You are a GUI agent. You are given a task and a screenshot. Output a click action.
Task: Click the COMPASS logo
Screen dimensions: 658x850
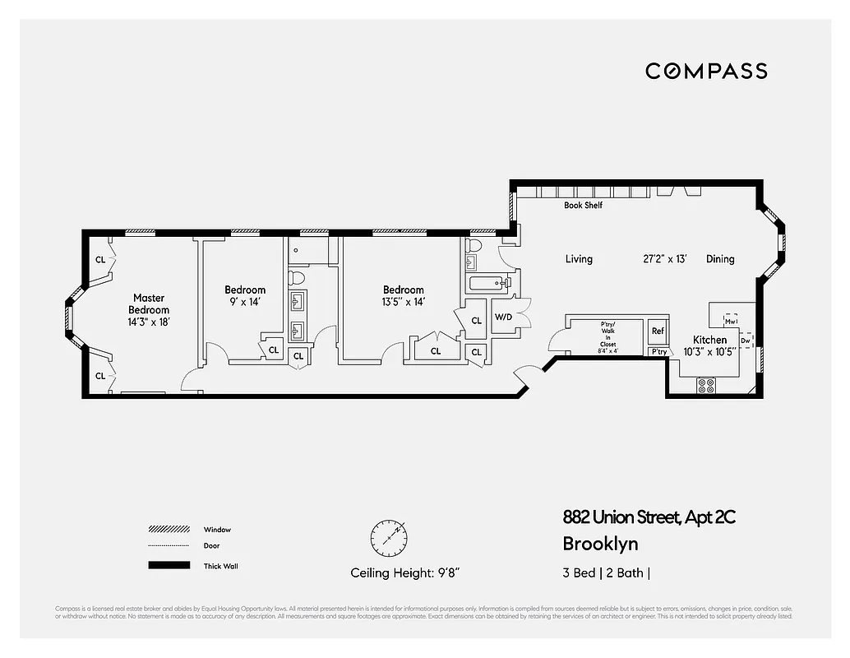(706, 71)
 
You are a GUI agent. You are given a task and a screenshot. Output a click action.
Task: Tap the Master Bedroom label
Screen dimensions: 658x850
(148, 304)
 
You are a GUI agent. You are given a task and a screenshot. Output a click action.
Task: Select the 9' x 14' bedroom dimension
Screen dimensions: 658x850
(245, 302)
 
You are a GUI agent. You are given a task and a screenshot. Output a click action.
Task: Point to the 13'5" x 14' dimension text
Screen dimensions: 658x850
(403, 302)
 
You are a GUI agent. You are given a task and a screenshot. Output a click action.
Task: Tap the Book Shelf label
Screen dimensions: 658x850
(583, 206)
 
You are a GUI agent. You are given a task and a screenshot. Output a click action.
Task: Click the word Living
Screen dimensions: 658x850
(579, 259)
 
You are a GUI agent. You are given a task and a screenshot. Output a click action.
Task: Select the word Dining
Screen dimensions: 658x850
(720, 259)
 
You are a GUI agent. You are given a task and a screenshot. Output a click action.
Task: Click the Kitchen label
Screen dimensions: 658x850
(709, 340)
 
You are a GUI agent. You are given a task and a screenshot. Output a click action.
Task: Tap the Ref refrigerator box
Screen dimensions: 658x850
(658, 331)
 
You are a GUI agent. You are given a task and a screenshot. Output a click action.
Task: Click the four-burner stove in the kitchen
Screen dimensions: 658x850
(705, 384)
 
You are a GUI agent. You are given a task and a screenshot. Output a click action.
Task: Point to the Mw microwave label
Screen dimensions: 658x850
(729, 322)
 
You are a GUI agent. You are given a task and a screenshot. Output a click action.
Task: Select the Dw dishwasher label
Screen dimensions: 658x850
(745, 340)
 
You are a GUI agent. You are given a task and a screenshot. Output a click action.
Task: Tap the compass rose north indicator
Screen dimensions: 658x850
(388, 537)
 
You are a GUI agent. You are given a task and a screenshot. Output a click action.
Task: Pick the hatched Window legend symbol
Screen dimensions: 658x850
(168, 530)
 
